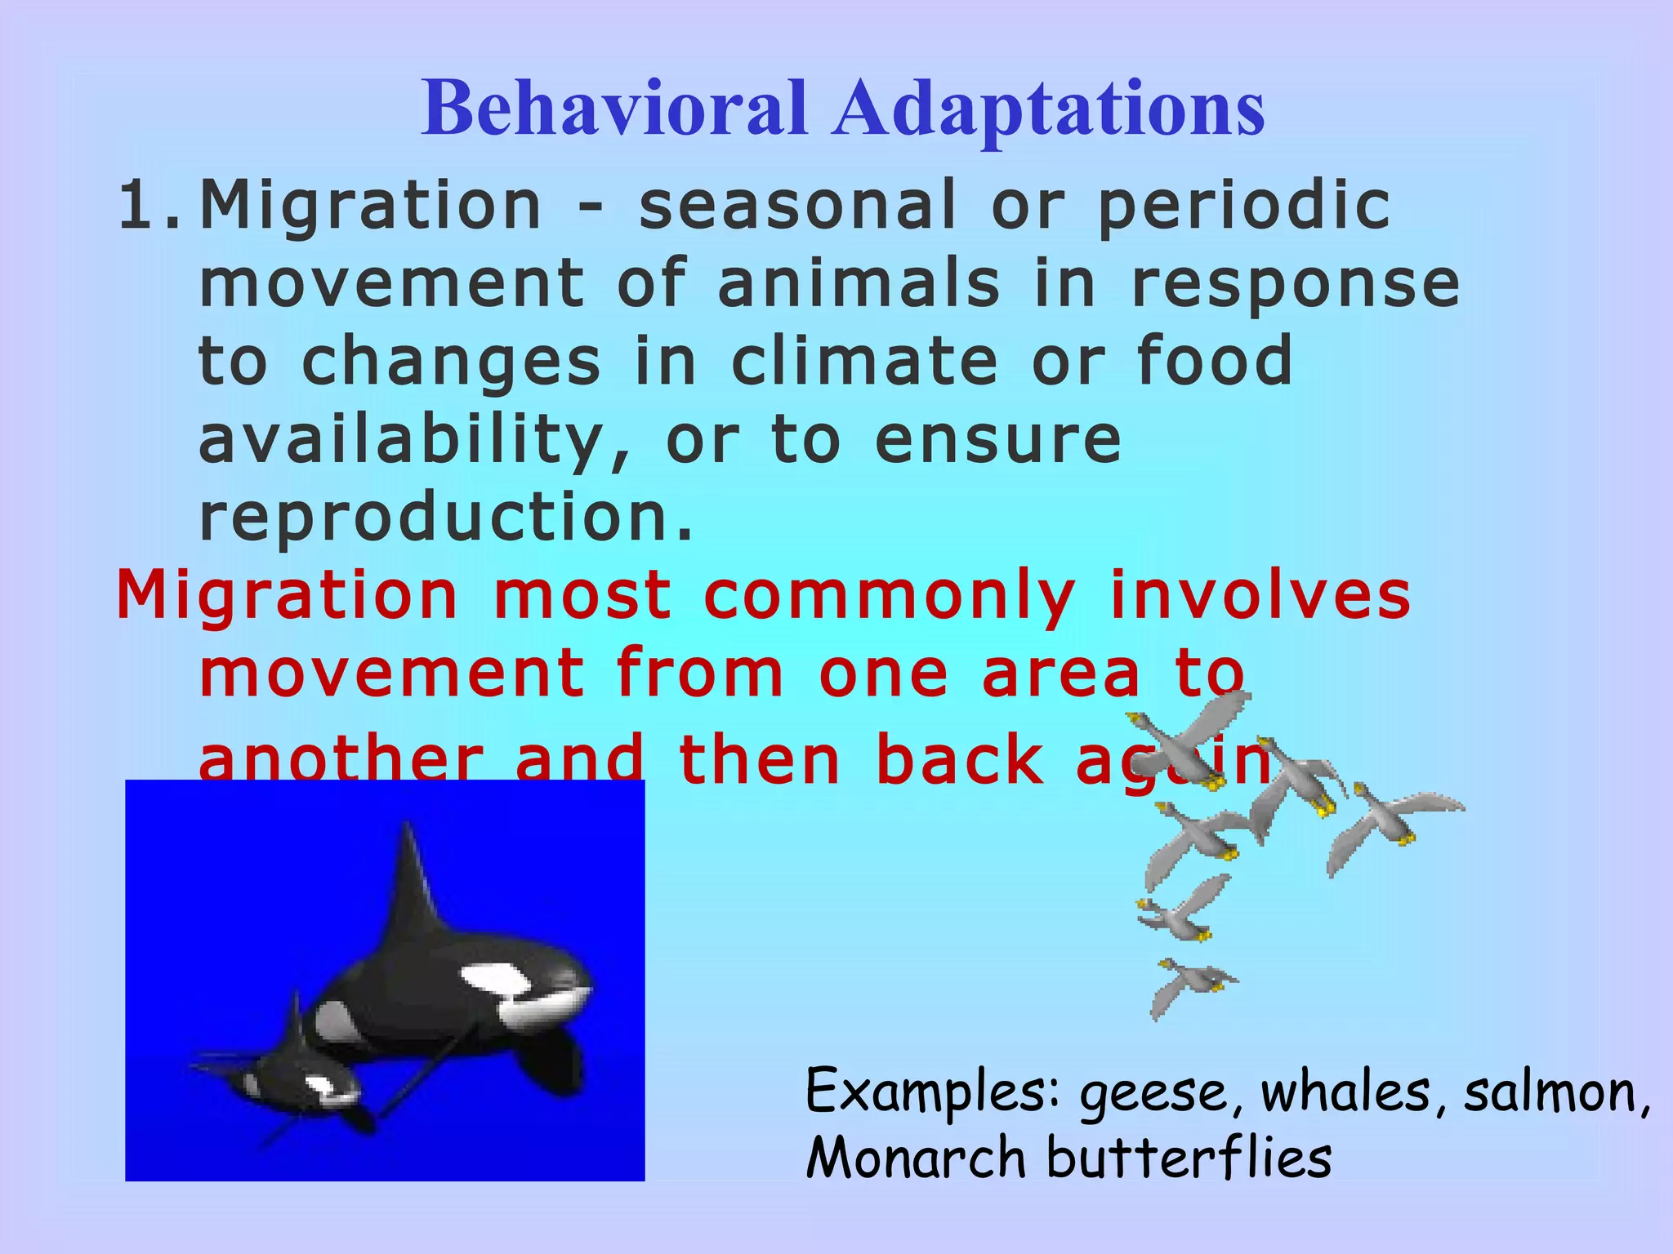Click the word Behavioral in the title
click(x=614, y=109)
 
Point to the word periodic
click(x=1243, y=207)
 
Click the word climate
click(x=864, y=361)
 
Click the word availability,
click(x=415, y=441)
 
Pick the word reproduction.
click(x=445, y=518)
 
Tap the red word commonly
click(x=889, y=597)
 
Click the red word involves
click(x=1260, y=595)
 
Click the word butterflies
click(x=1189, y=1158)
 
